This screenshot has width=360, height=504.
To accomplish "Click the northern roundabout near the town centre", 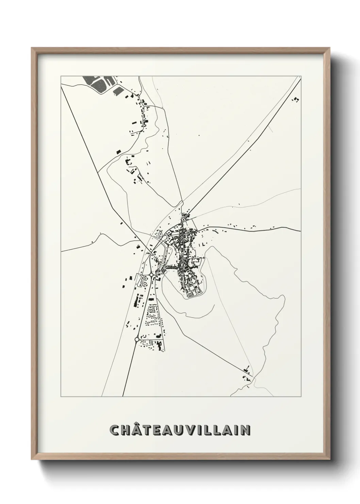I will coord(151,274).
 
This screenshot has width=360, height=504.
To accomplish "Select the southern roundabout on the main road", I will coord(137,340).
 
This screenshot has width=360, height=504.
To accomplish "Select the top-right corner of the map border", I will coord(301,75).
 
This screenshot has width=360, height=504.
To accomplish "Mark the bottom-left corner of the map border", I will coord(61,397).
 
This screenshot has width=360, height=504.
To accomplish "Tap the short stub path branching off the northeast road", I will coord(271,129).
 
